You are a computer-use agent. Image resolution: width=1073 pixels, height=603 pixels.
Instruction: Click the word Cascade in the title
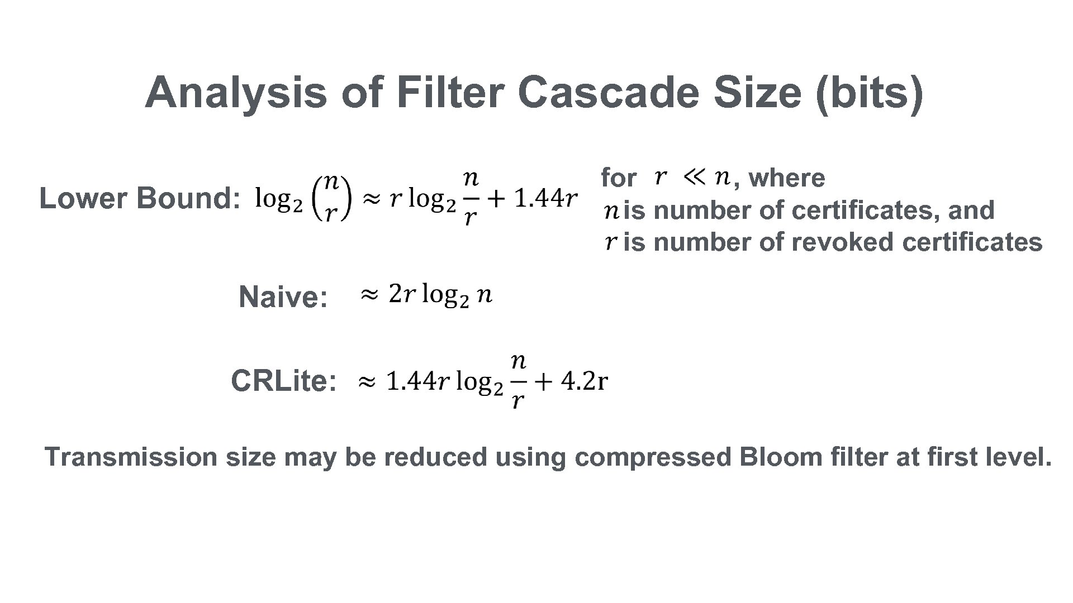[x=609, y=92]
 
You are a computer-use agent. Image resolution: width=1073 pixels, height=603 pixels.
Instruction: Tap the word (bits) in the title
[x=869, y=93]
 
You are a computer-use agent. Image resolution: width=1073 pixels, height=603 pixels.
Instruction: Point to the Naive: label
[x=283, y=296]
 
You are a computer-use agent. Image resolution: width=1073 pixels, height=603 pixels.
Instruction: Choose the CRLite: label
[x=284, y=381]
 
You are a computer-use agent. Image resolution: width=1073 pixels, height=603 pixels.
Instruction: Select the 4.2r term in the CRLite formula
[x=585, y=381]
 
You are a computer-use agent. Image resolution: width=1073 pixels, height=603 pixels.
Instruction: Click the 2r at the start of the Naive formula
[x=402, y=294]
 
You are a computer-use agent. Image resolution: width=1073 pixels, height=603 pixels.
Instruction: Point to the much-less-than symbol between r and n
[x=694, y=178]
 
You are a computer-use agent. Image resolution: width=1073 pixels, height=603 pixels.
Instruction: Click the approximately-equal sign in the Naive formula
[x=369, y=294]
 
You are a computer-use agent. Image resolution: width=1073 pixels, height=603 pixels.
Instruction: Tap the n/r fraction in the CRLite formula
[x=518, y=381]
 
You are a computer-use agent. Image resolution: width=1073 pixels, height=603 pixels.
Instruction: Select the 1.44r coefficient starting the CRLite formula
[x=417, y=382]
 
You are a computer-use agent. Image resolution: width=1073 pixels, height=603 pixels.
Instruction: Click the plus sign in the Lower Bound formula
[x=495, y=199]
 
